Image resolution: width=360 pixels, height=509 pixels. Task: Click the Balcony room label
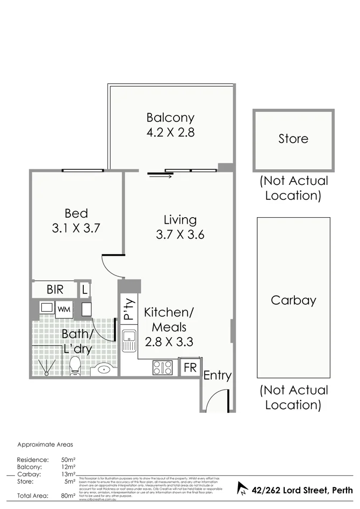coord(170,117)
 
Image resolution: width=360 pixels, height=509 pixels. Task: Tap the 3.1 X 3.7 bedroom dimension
coord(76,228)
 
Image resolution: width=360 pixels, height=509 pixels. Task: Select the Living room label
coord(180,220)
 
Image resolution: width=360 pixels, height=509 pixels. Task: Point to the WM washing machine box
coord(64,310)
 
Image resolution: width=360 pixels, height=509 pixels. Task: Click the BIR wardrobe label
coord(55,290)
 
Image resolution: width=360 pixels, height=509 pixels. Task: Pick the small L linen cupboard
coord(85,290)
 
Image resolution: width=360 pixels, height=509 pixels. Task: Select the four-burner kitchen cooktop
coord(163,367)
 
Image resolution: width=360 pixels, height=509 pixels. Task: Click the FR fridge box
coord(190,368)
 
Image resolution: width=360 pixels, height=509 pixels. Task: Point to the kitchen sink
coord(129,341)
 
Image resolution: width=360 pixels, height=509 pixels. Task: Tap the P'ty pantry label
coord(128,310)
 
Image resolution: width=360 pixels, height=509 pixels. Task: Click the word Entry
coord(217,376)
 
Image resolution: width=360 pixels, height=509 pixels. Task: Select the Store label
coord(293,139)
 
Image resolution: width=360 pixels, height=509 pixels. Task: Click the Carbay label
coord(293,300)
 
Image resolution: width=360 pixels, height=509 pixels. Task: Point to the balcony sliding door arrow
coord(161,175)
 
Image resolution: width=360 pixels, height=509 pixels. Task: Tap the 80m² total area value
coord(68,496)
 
